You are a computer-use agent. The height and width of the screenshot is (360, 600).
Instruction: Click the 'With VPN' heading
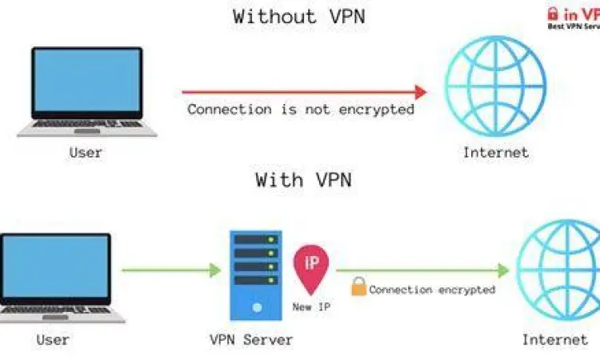click(303, 180)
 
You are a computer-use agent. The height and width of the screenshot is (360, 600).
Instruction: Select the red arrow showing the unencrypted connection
click(303, 91)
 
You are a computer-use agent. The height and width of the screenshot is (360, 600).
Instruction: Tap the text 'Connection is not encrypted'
click(301, 110)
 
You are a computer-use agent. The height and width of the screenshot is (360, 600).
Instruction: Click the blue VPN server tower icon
click(256, 272)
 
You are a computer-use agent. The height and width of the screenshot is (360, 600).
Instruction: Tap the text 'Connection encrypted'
click(432, 290)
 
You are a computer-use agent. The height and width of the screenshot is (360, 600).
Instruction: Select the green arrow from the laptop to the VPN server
click(171, 270)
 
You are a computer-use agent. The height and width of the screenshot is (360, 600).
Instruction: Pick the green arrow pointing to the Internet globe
click(429, 270)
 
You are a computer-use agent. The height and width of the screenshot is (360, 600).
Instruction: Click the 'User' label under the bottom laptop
click(53, 340)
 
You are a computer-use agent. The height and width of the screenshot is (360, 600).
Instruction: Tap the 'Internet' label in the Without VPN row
click(496, 152)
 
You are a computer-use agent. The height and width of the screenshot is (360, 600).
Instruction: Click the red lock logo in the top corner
click(552, 14)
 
